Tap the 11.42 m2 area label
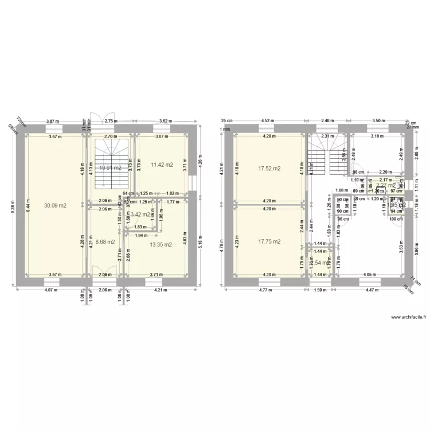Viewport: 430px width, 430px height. point(162,165)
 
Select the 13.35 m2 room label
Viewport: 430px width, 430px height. point(161,244)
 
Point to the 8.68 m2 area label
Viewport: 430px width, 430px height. point(105,242)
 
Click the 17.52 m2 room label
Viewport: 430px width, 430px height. point(269,169)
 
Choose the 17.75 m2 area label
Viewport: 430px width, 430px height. point(269,241)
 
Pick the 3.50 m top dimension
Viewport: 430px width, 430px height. point(378,121)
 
